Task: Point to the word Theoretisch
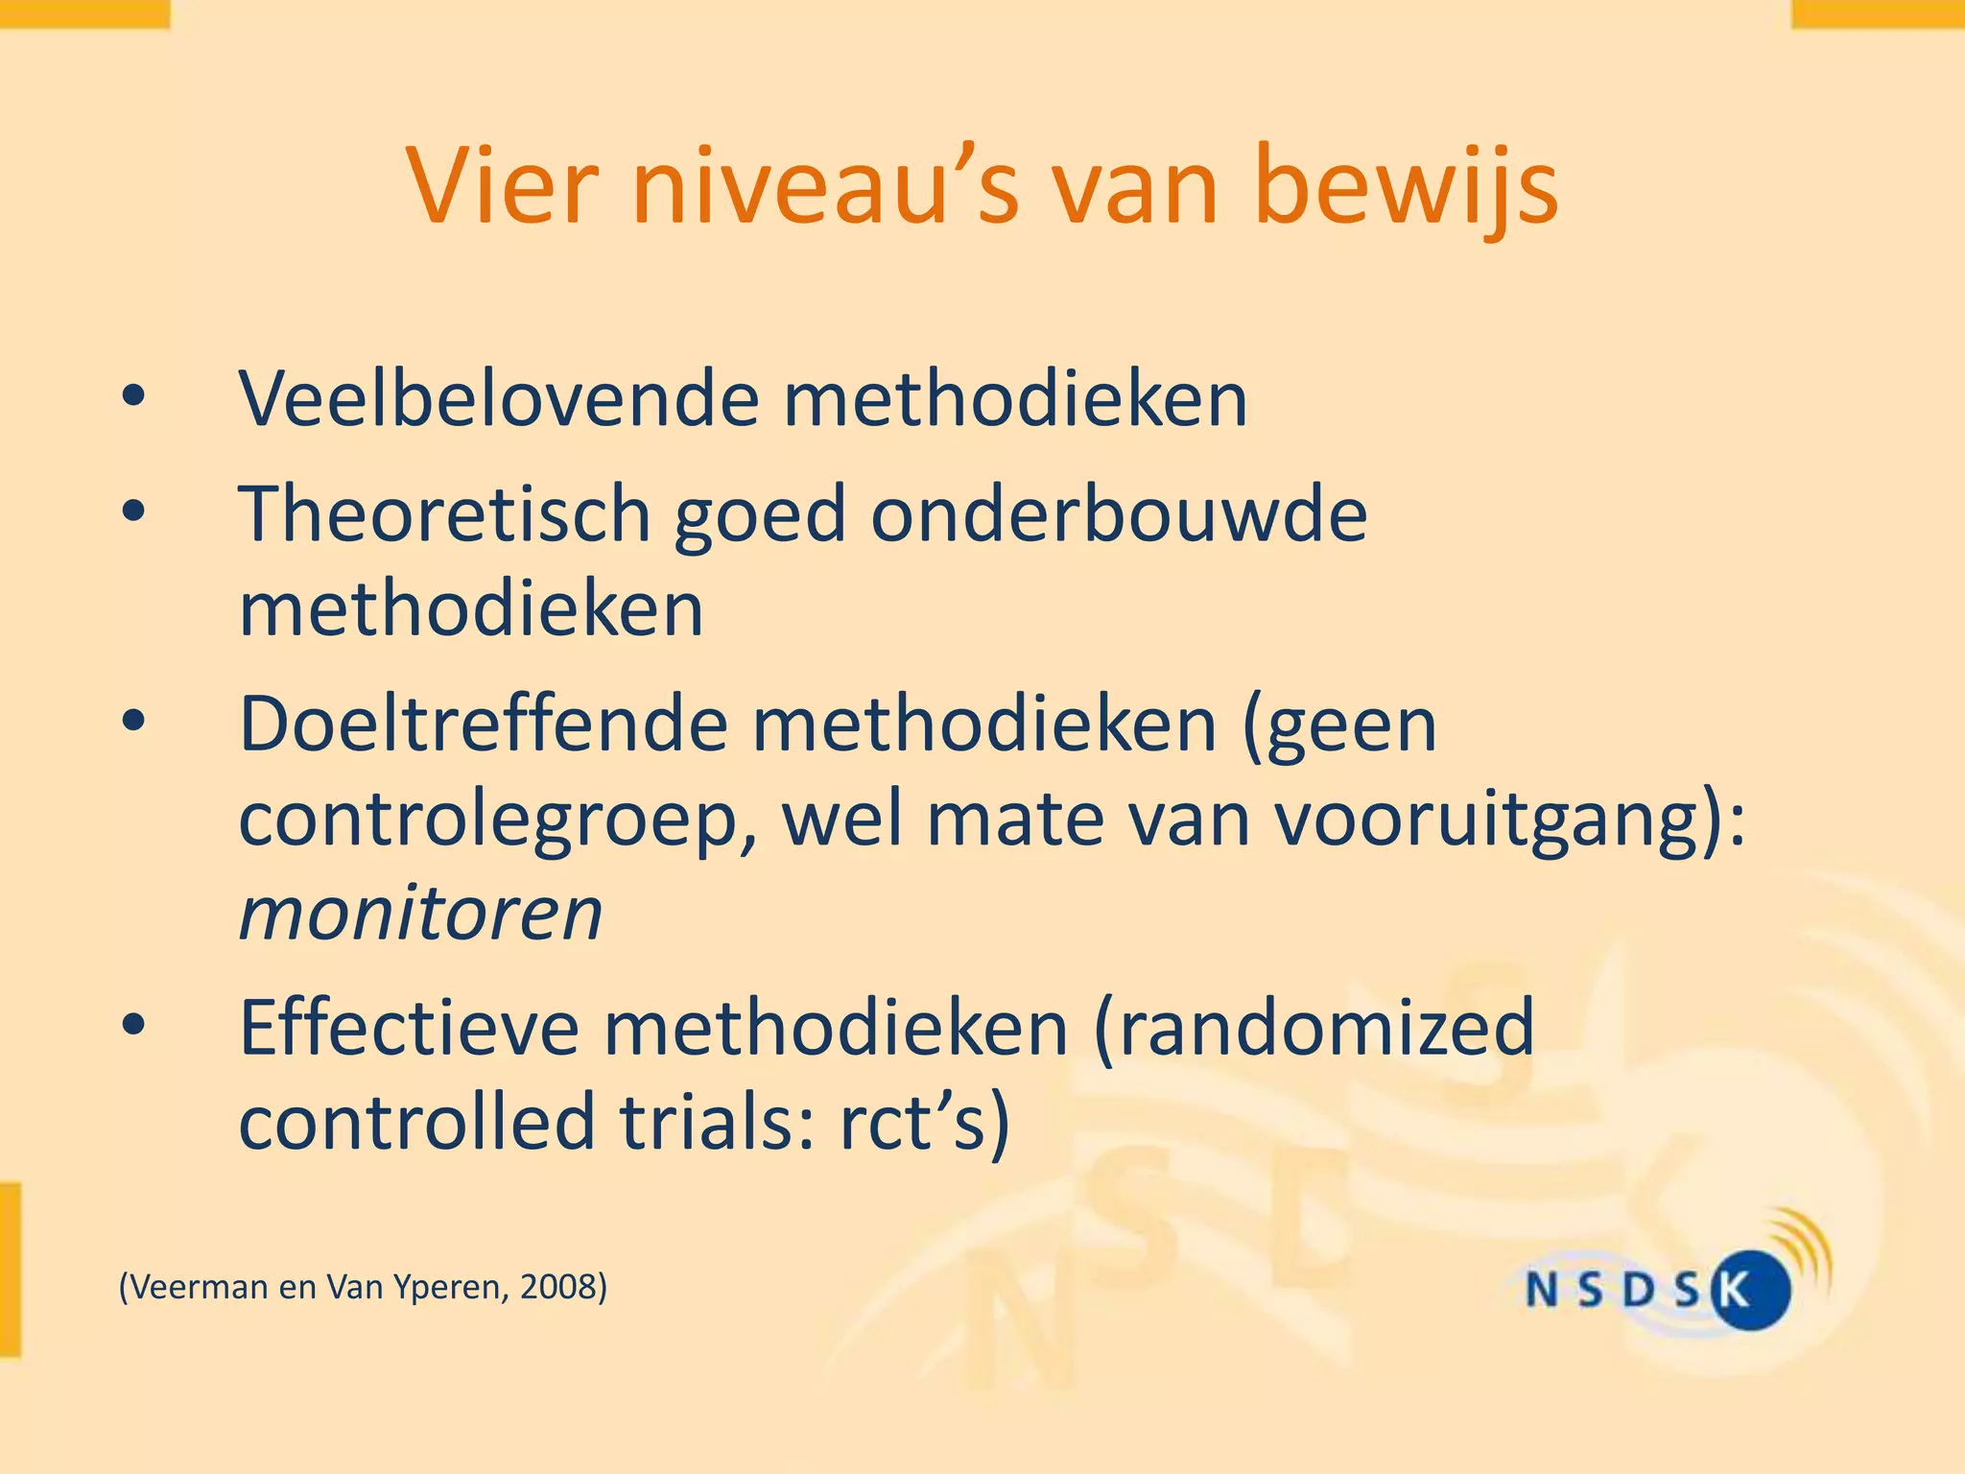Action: pos(443,514)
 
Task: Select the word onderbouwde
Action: pos(1118,514)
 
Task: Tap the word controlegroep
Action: pos(495,821)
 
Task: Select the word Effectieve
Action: pos(408,1028)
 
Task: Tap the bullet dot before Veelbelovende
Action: pos(133,396)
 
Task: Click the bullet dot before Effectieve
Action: pos(133,1025)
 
